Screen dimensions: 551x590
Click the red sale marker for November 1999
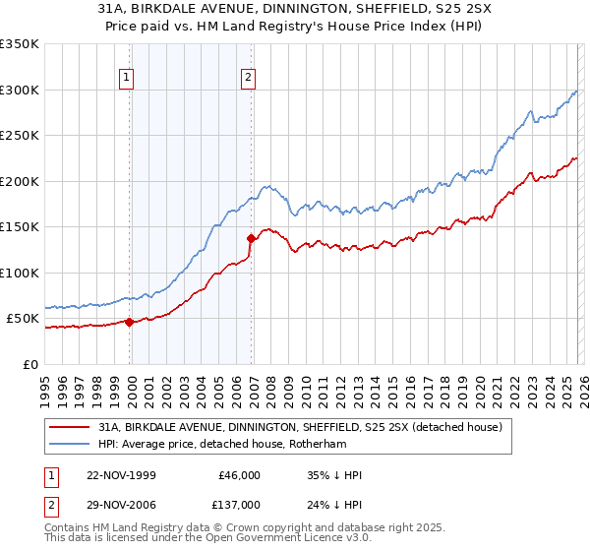click(x=130, y=322)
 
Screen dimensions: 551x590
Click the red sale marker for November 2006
click(x=252, y=238)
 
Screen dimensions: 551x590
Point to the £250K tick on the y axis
click(x=20, y=136)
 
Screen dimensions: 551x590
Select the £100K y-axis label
click(x=20, y=273)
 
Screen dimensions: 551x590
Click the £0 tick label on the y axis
click(x=29, y=364)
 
